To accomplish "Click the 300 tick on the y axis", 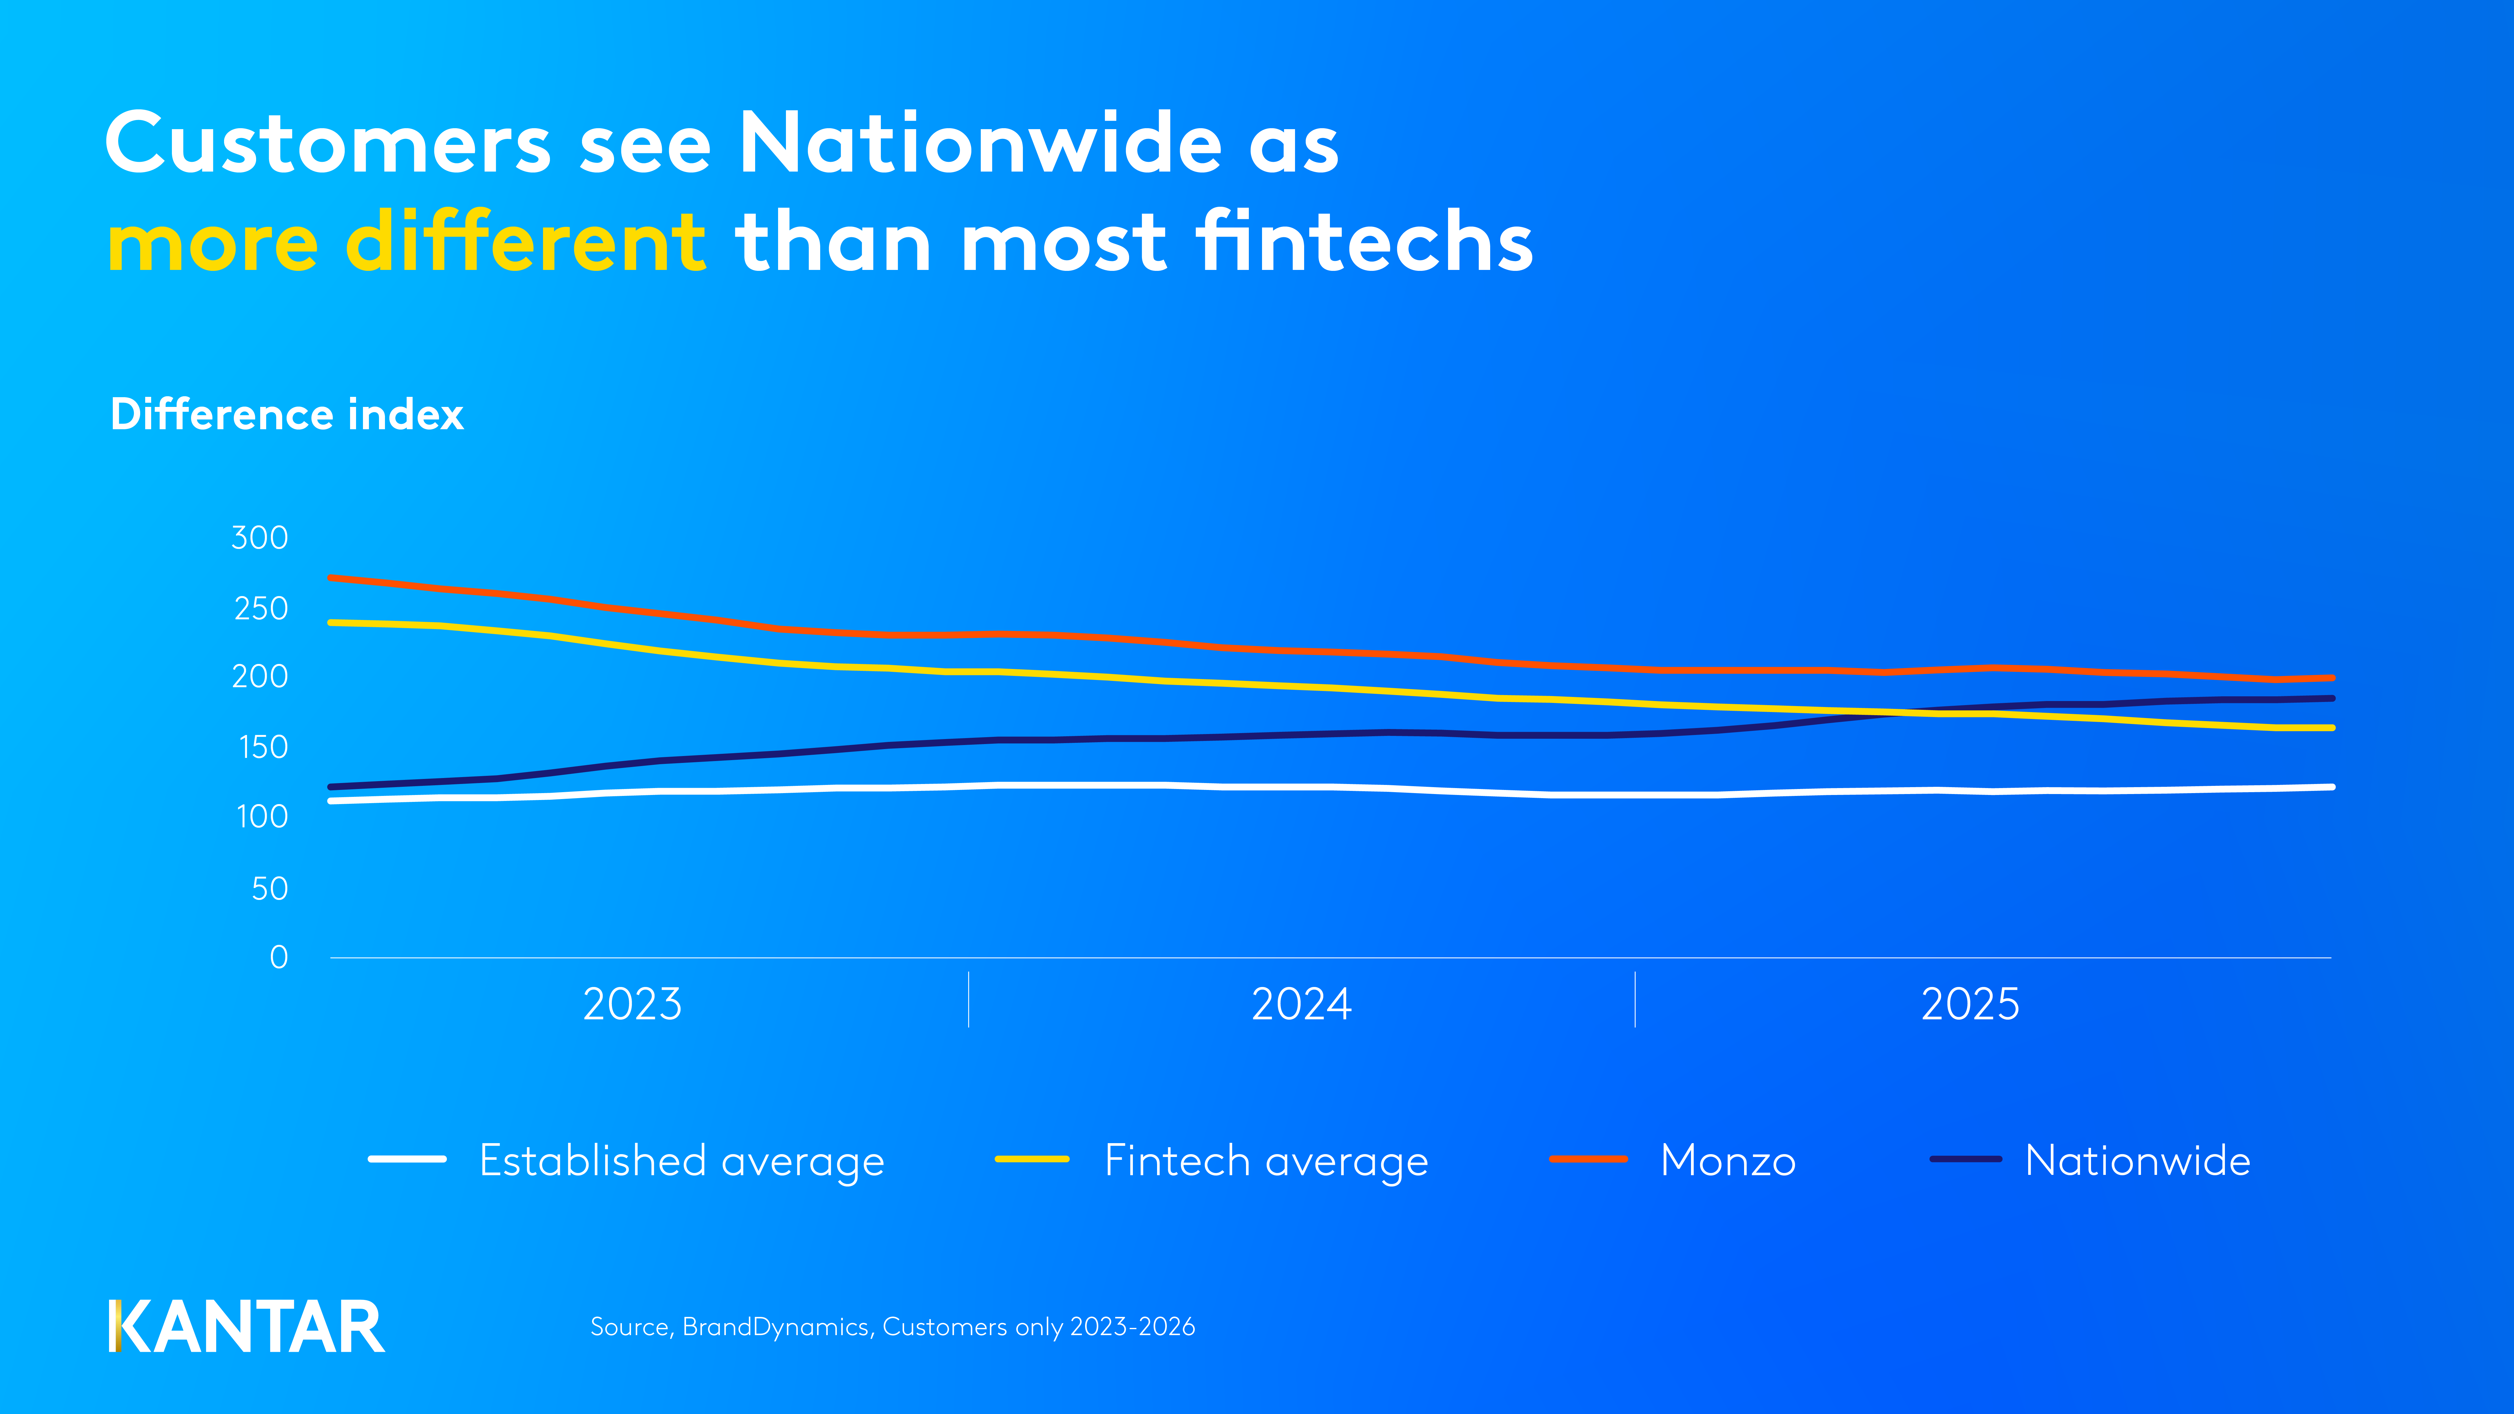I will [x=260, y=538].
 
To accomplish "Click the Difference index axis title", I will [x=287, y=415].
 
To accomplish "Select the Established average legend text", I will [x=681, y=1161].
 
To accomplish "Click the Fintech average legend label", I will [x=1266, y=1161].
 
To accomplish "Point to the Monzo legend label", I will [x=1727, y=1161].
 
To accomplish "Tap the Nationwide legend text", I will [x=2137, y=1161].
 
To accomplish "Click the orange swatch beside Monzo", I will [x=1588, y=1159].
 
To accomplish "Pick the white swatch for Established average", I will [x=407, y=1159].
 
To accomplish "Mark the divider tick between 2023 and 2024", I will [x=968, y=999].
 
